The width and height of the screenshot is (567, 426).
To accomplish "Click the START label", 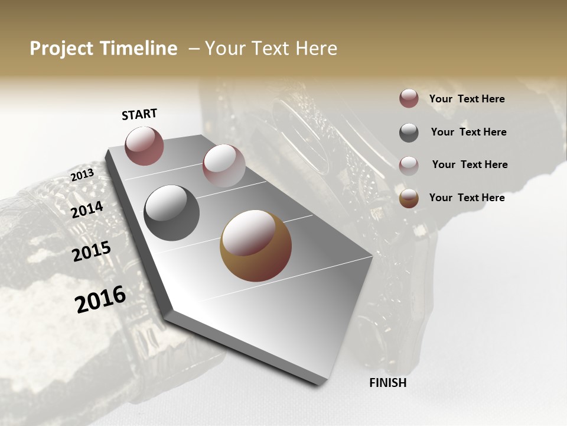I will tap(139, 114).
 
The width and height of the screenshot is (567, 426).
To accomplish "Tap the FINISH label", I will tap(388, 383).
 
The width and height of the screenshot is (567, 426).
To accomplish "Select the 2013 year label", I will tap(83, 175).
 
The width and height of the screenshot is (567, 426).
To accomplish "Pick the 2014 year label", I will tap(87, 209).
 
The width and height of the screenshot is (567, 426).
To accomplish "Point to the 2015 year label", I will tap(92, 251).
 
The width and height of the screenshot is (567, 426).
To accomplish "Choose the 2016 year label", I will tap(100, 299).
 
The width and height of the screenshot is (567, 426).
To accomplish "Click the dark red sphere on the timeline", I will tap(144, 146).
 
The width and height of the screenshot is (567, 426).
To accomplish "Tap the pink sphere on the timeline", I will tap(224, 166).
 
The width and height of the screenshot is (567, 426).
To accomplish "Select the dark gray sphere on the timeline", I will tap(172, 213).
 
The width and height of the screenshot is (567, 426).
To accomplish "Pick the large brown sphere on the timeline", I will tap(256, 246).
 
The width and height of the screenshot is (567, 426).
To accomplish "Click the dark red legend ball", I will tap(409, 99).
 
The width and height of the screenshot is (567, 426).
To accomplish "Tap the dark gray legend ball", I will tap(409, 133).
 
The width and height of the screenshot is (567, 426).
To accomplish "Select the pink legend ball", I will tap(409, 165).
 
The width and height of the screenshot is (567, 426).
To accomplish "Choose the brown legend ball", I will tap(409, 198).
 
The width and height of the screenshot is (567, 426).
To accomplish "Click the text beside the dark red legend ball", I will tap(467, 99).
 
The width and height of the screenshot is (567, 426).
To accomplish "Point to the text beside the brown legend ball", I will tap(467, 198).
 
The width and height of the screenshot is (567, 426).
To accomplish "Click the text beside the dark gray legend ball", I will tap(468, 132).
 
